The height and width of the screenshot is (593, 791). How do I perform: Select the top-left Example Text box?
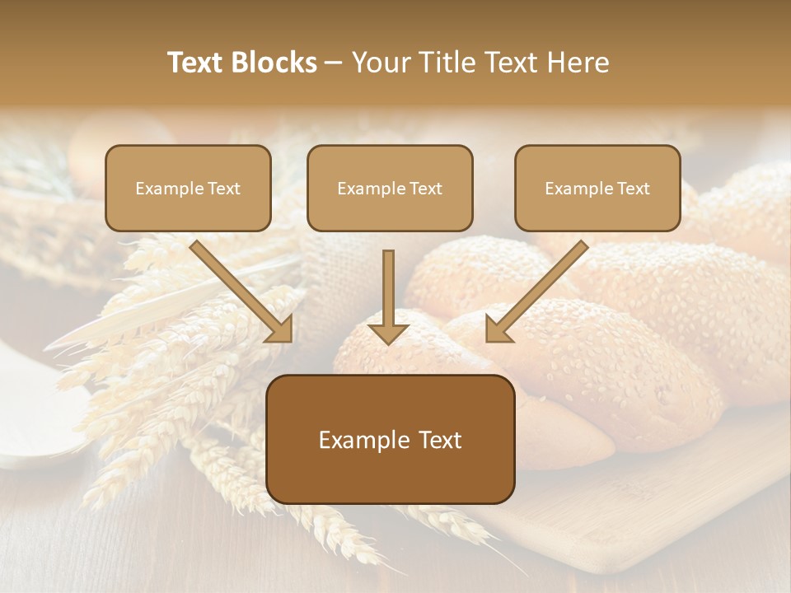pos(188,188)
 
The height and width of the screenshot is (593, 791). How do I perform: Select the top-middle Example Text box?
pos(390,188)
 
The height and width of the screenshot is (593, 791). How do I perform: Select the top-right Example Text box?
pos(597,188)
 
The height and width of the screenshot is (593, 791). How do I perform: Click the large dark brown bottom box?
pos(390,439)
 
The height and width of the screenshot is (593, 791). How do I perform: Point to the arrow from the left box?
pos(239,288)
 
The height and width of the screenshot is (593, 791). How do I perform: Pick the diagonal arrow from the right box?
pos(540,288)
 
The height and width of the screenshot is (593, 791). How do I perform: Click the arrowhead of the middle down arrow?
pos(388,332)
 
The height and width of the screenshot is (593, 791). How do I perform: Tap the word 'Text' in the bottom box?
pos(431,440)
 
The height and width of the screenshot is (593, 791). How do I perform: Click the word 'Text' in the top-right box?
pos(633,189)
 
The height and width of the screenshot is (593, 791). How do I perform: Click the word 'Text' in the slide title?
pos(196,63)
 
